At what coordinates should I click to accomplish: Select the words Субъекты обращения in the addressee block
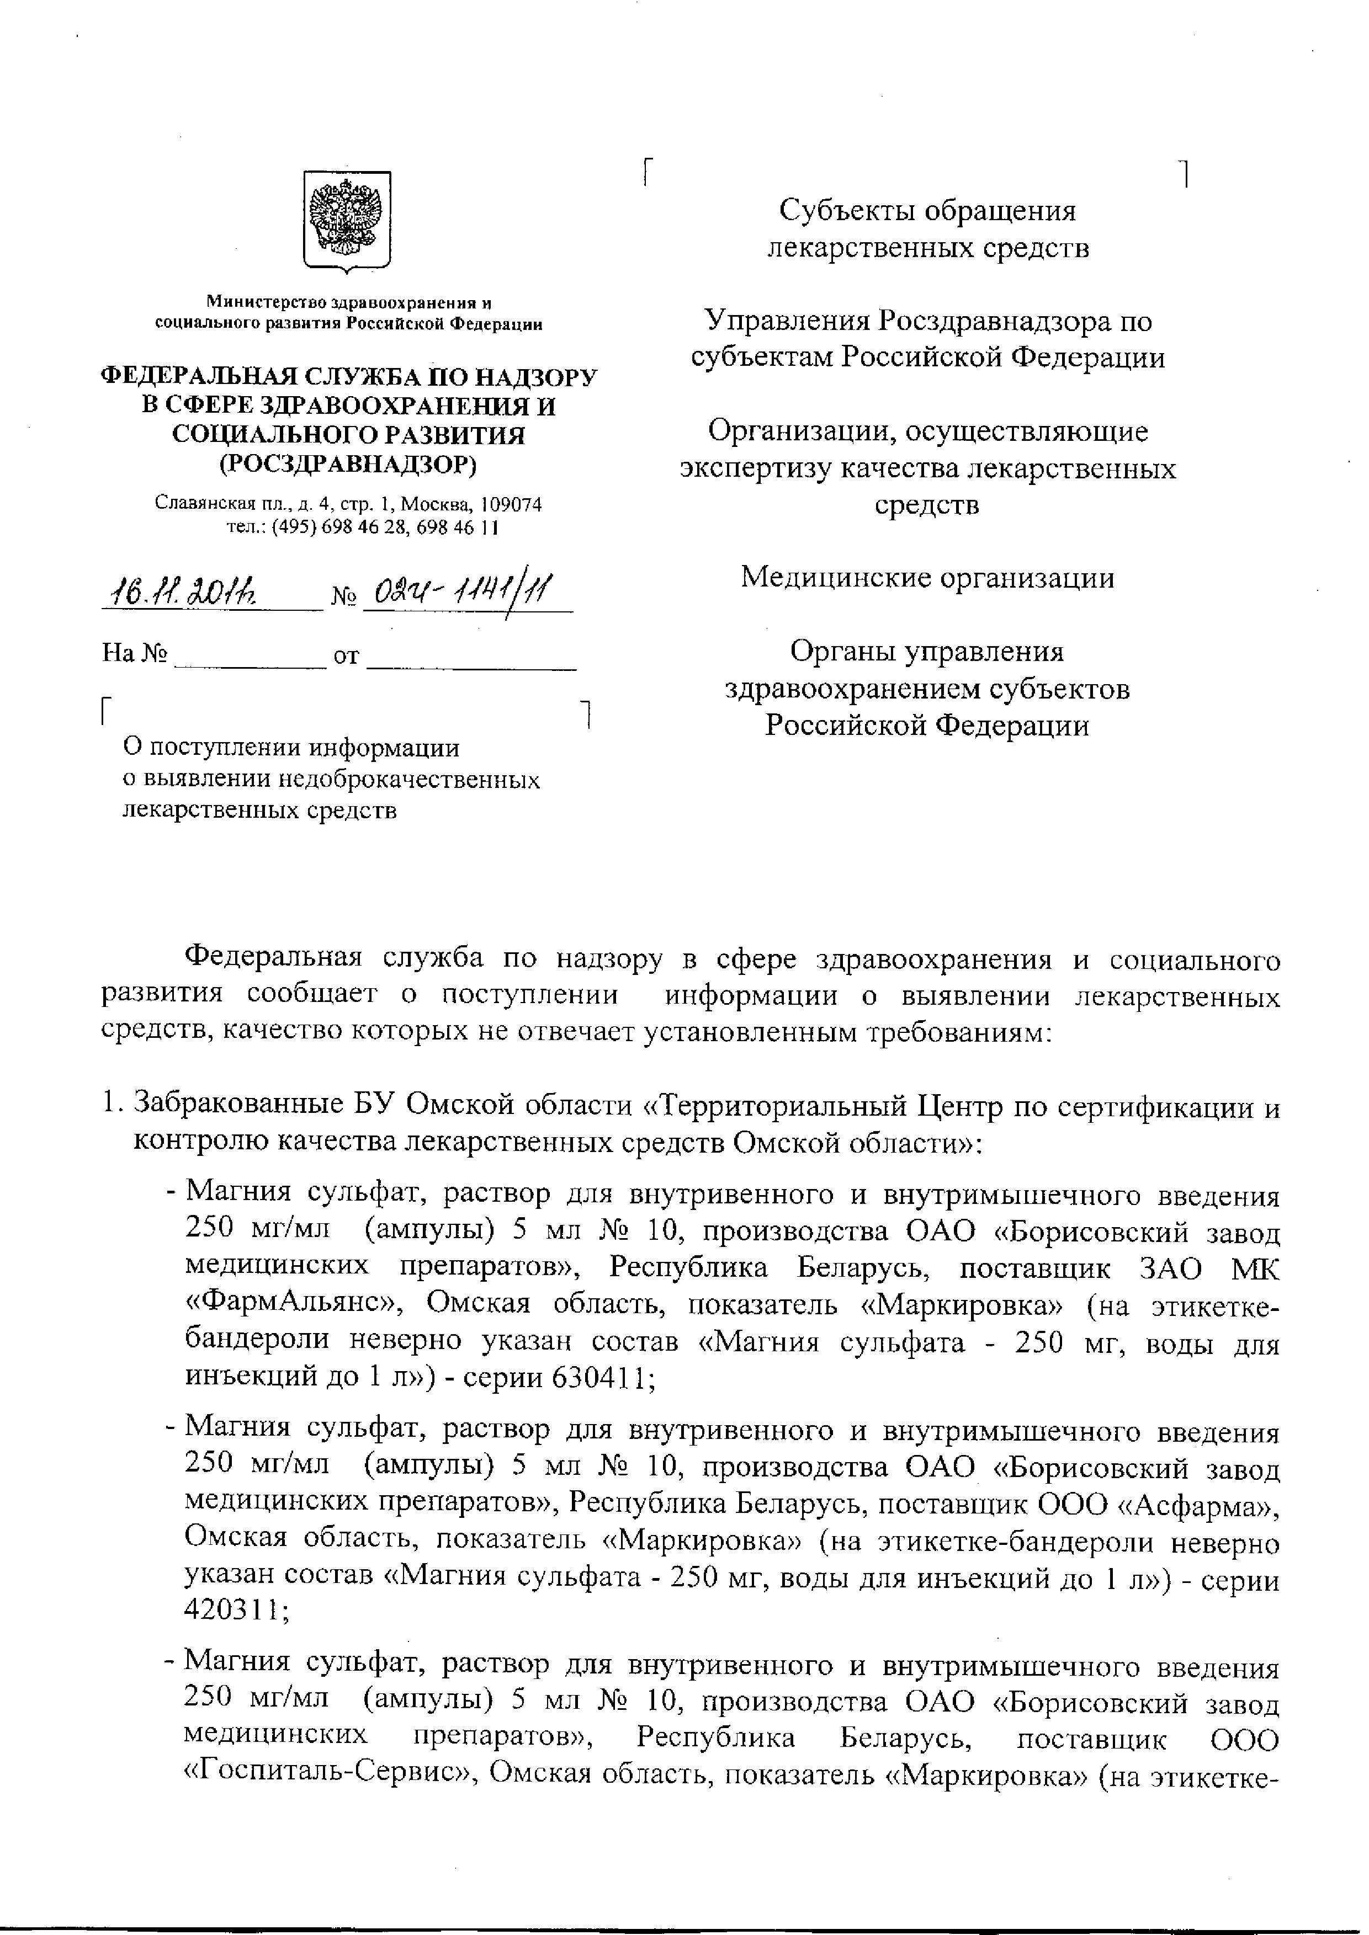coord(927,210)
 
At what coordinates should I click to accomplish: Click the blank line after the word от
coord(472,657)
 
